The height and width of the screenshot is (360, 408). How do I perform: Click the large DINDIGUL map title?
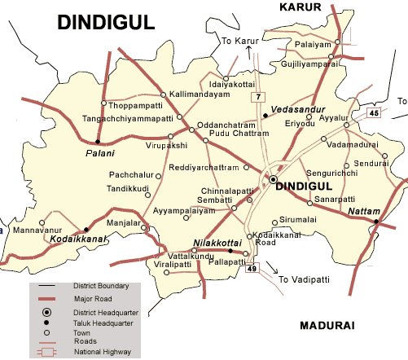[x=106, y=23]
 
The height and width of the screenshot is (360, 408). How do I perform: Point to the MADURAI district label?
[x=327, y=325]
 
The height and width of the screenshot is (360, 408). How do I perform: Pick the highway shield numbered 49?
[x=252, y=270]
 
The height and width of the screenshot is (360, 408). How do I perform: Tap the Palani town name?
[x=100, y=154]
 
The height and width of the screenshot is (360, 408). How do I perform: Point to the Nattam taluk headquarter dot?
[x=376, y=221]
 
